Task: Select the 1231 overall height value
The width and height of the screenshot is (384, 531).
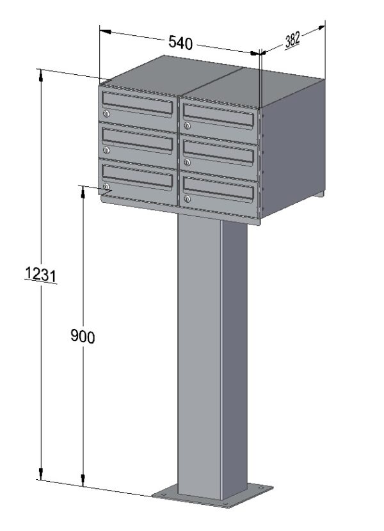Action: (41, 274)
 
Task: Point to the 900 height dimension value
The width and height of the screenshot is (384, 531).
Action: (83, 337)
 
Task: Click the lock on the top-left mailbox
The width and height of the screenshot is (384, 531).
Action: (107, 114)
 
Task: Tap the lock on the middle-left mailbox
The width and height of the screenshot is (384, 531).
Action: (107, 150)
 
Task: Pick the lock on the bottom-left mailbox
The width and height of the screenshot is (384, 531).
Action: (107, 187)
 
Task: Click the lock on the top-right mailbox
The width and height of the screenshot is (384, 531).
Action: (187, 126)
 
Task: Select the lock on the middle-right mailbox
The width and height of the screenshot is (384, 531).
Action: (187, 162)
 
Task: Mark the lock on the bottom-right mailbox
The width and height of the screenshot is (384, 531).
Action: (187, 200)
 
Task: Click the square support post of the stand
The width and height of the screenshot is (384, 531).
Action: (211, 358)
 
